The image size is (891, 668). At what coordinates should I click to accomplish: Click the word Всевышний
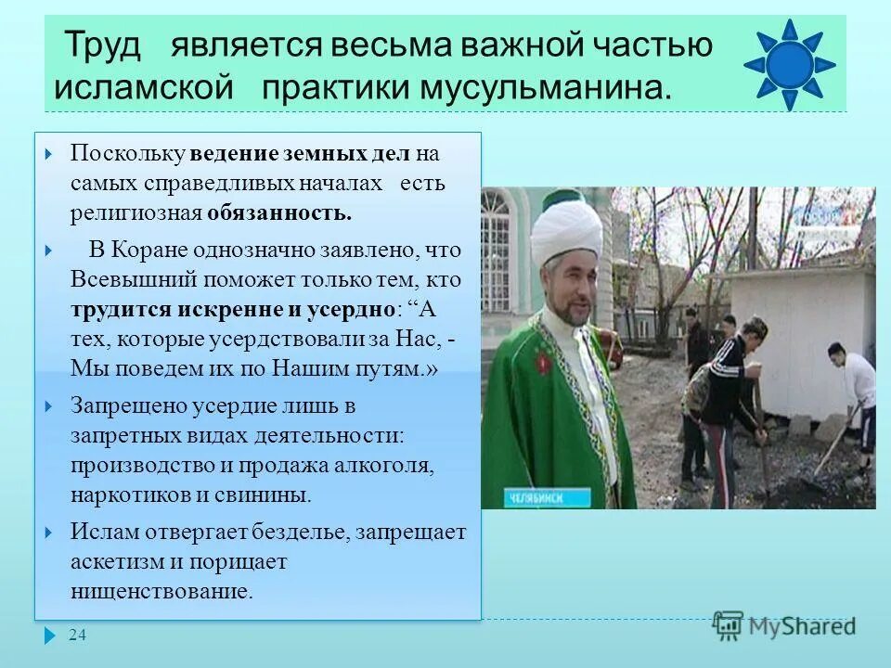tap(126, 279)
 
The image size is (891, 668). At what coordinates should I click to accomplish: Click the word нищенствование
tap(161, 592)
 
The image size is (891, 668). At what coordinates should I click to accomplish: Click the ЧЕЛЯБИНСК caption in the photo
tap(536, 497)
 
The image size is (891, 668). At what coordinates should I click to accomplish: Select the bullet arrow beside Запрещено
tap(50, 405)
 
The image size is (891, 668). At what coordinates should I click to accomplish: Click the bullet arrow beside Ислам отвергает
tap(50, 533)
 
